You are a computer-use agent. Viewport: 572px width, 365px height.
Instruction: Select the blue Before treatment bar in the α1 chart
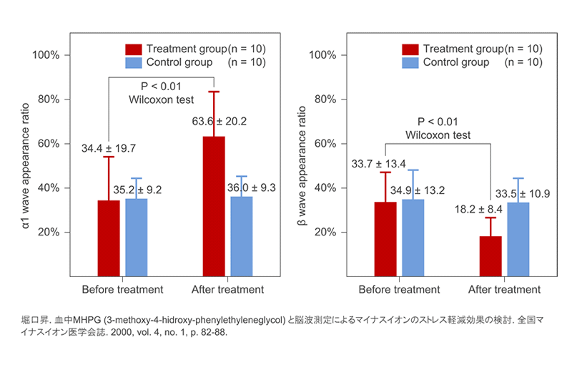[136, 236]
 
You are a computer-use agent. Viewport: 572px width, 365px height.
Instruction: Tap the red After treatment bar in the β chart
[490, 255]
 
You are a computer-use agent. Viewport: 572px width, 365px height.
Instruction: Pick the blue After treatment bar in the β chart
[518, 239]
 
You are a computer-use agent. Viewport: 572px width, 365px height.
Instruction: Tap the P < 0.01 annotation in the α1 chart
[159, 86]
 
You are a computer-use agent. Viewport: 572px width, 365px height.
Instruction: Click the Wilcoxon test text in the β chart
[437, 135]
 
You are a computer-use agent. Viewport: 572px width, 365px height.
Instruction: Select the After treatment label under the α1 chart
[228, 290]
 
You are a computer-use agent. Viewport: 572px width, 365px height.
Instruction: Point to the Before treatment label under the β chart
[399, 290]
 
